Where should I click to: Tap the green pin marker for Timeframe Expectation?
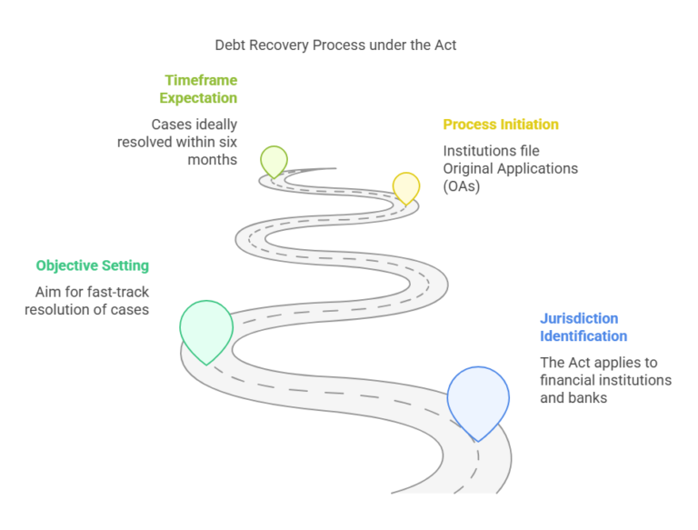tap(274, 161)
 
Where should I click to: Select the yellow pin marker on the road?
tap(406, 186)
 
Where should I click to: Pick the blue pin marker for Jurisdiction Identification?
tap(478, 399)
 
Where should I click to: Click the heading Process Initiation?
tap(501, 125)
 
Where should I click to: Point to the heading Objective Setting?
tap(93, 265)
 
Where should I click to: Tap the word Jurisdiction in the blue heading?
tap(579, 319)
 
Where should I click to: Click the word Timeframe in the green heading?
tap(201, 80)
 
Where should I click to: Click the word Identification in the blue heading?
tap(583, 336)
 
